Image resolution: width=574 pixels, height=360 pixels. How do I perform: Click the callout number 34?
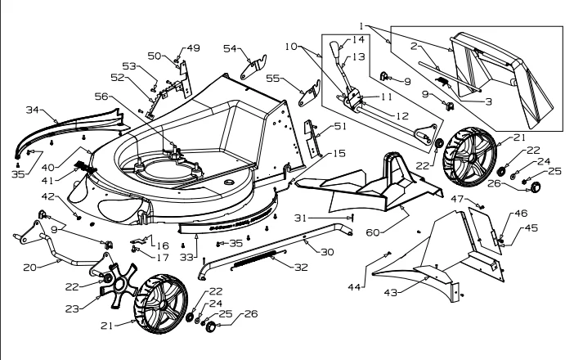pos(33,110)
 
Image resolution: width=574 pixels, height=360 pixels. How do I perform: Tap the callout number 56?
pos(101,97)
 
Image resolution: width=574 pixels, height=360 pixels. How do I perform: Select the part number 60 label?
pos(373,232)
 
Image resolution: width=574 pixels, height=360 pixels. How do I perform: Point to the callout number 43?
pos(391,293)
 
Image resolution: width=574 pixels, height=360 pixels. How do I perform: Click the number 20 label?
pos(30,268)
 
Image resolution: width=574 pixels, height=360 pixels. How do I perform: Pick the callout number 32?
pos(301,268)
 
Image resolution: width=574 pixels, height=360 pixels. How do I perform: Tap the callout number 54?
pos(231,48)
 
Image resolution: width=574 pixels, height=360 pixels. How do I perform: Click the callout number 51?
pos(340,126)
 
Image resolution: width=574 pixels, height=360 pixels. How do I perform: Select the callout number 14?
pos(358,39)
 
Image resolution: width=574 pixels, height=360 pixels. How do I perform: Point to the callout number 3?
pos(488,101)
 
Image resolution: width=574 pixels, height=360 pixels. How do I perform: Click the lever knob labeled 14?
pos(334,47)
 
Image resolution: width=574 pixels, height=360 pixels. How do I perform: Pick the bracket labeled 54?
pos(253,66)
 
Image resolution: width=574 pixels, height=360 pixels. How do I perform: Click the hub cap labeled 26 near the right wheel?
pos(536,187)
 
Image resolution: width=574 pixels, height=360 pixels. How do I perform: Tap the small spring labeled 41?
pos(87,167)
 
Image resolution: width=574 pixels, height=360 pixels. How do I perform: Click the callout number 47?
pos(457,199)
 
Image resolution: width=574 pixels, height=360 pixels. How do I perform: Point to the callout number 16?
pos(163,245)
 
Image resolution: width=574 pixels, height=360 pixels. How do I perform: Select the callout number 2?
pos(414,46)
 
